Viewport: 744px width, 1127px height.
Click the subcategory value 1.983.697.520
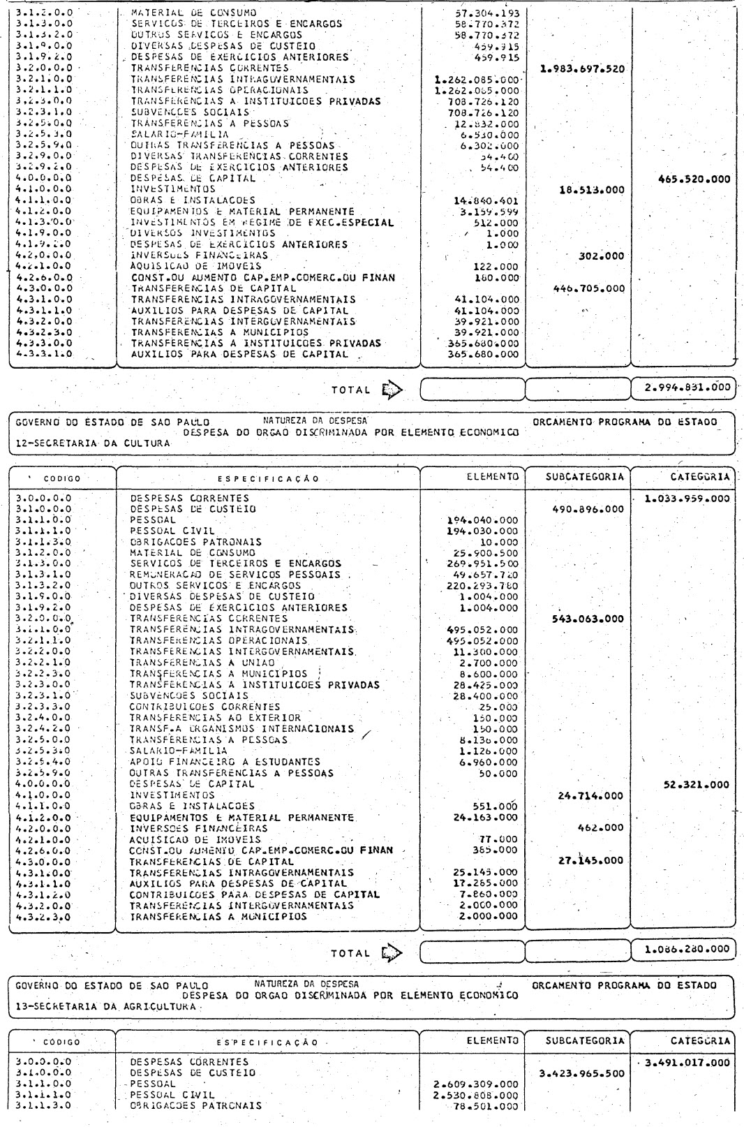click(582, 69)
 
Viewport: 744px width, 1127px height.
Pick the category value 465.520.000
click(694, 179)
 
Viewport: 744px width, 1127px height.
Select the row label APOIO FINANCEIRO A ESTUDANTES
click(225, 762)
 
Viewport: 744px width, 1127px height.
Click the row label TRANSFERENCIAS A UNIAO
click(202, 662)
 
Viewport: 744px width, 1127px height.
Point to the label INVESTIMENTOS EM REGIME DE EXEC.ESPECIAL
click(262, 223)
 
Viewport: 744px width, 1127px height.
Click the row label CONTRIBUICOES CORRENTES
click(205, 706)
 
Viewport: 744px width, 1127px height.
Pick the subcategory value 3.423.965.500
click(582, 1073)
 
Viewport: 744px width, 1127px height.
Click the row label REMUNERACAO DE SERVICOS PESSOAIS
click(235, 574)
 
